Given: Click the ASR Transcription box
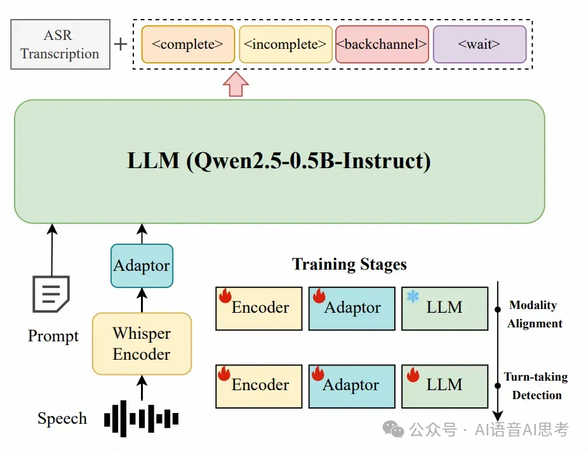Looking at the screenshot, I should click(x=60, y=45).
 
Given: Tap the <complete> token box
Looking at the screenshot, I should click(x=188, y=44).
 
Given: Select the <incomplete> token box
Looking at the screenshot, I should click(x=285, y=44).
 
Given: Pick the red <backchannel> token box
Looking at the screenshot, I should click(x=382, y=44).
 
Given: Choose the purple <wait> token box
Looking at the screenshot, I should click(x=479, y=44).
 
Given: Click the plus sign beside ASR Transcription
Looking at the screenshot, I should click(x=121, y=44).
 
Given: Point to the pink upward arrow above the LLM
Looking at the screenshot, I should click(x=236, y=84).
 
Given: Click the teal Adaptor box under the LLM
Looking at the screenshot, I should click(x=142, y=265).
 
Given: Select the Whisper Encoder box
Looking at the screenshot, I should click(x=142, y=343).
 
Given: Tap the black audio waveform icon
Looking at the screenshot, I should click(x=141, y=419).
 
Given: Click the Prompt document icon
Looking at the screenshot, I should click(x=51, y=294).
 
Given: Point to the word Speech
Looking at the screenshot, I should click(x=62, y=419).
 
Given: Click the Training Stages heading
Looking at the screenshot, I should click(x=349, y=264).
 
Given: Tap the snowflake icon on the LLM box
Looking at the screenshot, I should click(x=413, y=296).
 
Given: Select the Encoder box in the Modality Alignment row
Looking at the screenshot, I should click(x=259, y=308).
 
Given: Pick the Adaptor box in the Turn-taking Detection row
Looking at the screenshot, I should click(x=352, y=385).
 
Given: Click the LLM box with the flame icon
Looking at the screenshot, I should click(x=444, y=385).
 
